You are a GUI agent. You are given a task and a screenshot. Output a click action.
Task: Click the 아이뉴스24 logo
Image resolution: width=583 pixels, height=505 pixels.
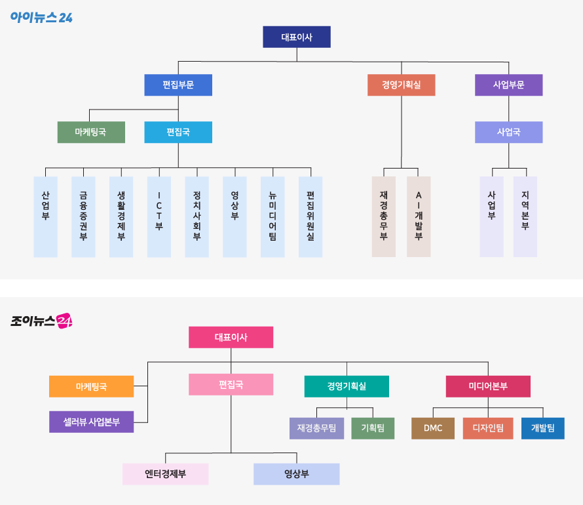[x=41, y=17]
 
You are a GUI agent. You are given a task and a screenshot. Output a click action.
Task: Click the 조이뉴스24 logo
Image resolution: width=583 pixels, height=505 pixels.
[x=41, y=321]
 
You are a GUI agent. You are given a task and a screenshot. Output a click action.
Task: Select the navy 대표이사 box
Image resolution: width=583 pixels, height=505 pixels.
[x=297, y=37]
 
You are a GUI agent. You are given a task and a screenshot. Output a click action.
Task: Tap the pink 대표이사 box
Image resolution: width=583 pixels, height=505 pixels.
[x=231, y=337]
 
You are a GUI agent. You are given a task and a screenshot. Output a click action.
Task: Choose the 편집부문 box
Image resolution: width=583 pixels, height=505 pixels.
[x=178, y=85]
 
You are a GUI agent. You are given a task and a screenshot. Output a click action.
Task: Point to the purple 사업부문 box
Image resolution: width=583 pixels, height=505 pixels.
[x=508, y=85]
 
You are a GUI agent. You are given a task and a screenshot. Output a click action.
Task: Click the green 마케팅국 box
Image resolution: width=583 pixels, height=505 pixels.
[x=90, y=132]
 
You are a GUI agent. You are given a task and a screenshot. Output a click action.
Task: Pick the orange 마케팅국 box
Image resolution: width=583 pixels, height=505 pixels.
[x=91, y=387]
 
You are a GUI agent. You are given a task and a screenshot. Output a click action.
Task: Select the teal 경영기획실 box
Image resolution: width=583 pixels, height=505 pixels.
[x=347, y=386]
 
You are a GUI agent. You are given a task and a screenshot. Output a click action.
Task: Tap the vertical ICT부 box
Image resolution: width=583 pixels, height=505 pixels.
[x=159, y=216]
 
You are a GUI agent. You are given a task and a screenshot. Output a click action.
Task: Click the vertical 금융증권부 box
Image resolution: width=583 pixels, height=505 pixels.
[x=83, y=216]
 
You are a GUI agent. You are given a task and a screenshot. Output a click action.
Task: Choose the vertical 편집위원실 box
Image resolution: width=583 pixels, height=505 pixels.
[x=310, y=216]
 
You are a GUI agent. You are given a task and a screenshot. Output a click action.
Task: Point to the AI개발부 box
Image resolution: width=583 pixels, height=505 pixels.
[x=419, y=216]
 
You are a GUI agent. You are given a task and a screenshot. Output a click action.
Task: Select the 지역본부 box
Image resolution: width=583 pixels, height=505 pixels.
[x=525, y=216]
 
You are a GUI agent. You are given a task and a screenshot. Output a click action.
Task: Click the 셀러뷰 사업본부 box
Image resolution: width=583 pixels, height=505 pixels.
[x=91, y=422]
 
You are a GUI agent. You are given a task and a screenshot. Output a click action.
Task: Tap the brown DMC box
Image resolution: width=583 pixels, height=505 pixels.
[x=433, y=428]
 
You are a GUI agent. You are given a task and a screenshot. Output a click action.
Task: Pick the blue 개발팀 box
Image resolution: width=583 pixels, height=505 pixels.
[x=542, y=428]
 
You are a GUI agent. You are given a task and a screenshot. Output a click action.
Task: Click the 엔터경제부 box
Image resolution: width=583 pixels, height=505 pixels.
[x=165, y=474]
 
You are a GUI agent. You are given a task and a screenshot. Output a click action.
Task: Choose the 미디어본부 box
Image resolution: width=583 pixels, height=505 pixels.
[x=488, y=386]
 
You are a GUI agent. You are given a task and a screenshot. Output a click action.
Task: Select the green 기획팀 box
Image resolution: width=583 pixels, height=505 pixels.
[x=373, y=428]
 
